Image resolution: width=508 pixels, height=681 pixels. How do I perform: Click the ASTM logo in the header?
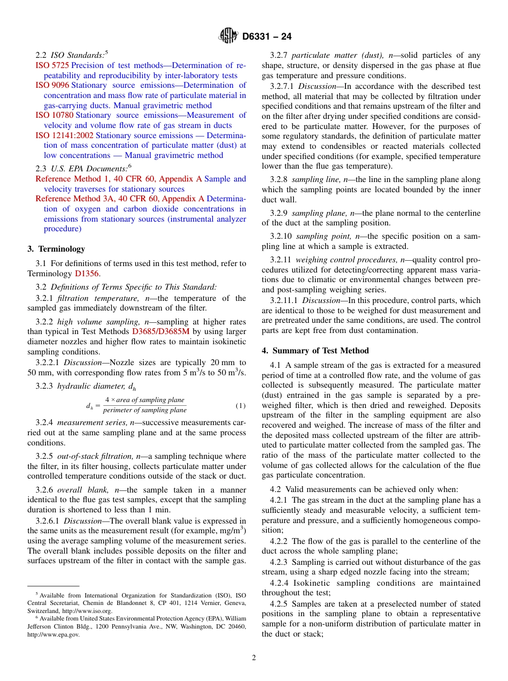point(229,36)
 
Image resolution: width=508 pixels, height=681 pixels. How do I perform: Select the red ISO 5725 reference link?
point(52,65)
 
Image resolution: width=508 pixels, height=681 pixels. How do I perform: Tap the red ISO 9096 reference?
point(52,85)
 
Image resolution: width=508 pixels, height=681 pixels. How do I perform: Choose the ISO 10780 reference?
point(54,115)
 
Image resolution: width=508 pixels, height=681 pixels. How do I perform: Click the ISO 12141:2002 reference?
point(64,135)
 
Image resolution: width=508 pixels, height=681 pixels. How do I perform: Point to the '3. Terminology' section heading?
point(56,249)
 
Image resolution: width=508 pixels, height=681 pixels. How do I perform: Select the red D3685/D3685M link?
point(160,332)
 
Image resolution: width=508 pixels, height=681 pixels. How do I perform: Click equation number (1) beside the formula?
point(241,405)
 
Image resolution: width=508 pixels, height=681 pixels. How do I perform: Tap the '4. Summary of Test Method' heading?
point(315,351)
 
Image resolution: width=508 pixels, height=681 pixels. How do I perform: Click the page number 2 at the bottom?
point(254,658)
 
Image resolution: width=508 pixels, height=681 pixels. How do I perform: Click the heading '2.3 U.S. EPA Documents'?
point(83,169)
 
